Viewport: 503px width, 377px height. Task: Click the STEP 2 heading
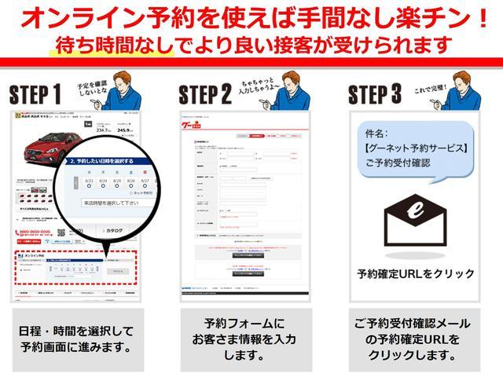(x=205, y=95)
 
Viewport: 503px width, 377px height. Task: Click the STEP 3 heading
(x=380, y=95)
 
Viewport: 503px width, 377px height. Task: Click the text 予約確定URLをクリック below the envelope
(x=415, y=274)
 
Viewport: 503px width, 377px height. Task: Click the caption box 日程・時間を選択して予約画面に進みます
(x=75, y=339)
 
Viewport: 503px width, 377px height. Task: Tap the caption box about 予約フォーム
(x=244, y=339)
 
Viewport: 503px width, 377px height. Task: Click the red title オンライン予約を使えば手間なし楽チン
(x=252, y=17)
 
